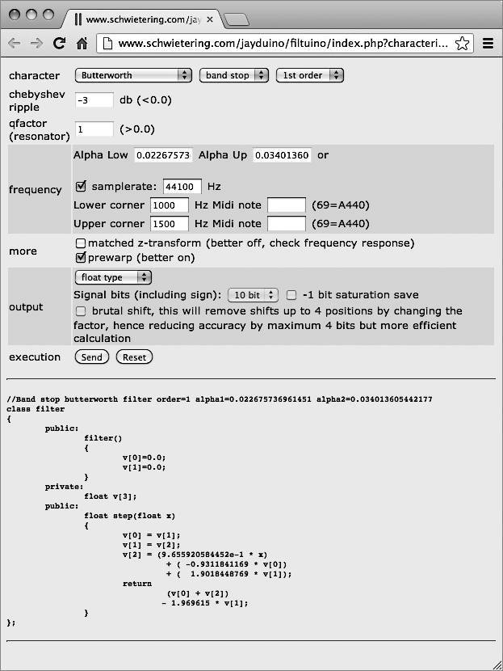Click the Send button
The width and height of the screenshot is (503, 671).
pyautogui.click(x=92, y=357)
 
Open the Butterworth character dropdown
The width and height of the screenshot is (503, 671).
pyautogui.click(x=133, y=75)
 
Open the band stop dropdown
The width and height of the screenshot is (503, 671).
pyautogui.click(x=233, y=75)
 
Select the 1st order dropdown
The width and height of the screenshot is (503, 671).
pyautogui.click(x=309, y=75)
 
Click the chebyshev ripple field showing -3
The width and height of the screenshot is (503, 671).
pyautogui.click(x=94, y=100)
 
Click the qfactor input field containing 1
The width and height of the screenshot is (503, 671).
pyautogui.click(x=94, y=129)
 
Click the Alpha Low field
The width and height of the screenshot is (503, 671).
pyautogui.click(x=163, y=155)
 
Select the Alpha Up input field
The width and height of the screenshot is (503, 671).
pyautogui.click(x=282, y=155)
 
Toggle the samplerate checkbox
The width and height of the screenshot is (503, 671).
pyautogui.click(x=81, y=186)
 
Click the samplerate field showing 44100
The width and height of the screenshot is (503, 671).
pyautogui.click(x=182, y=187)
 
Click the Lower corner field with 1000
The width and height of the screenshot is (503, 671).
pyautogui.click(x=170, y=205)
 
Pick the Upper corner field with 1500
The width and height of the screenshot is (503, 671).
pyautogui.click(x=170, y=224)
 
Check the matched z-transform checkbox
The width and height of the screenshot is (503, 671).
pyautogui.click(x=80, y=243)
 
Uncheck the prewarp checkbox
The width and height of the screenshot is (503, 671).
pyautogui.click(x=80, y=258)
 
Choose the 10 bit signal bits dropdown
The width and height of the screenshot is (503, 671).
pyautogui.click(x=253, y=295)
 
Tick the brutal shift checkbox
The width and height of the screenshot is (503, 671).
pyautogui.click(x=80, y=311)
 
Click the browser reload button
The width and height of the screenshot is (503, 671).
pyautogui.click(x=59, y=44)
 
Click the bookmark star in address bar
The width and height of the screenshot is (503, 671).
pyautogui.click(x=463, y=44)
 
